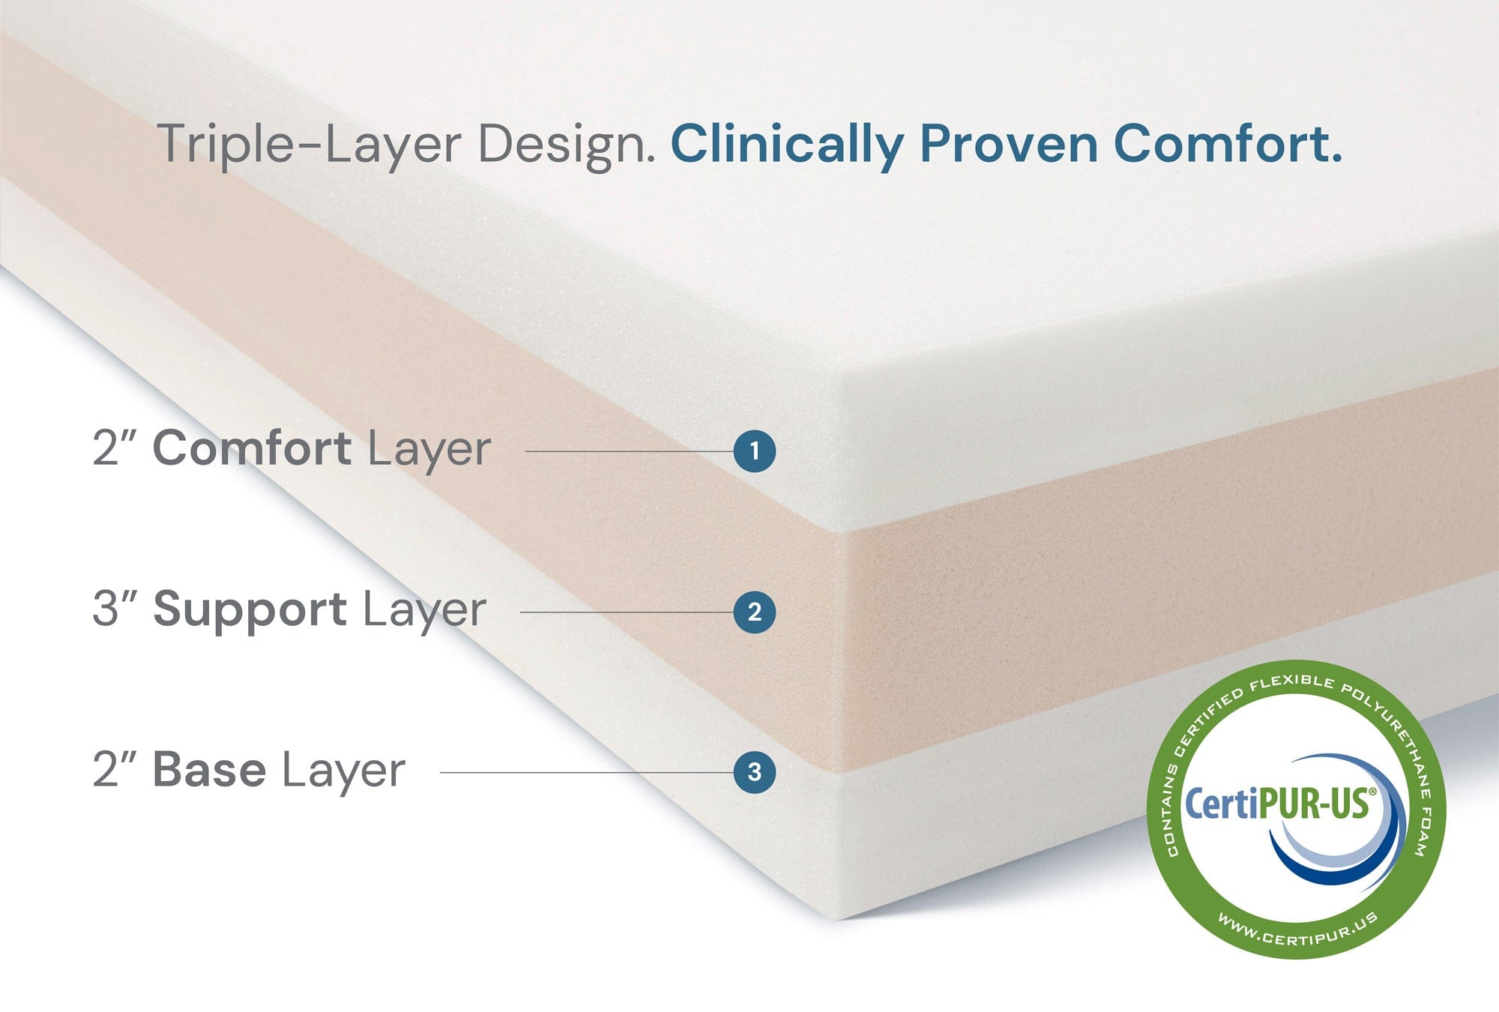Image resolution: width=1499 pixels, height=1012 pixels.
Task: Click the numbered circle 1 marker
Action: coord(754,451)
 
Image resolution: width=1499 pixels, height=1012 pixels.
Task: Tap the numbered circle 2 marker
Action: coord(754,612)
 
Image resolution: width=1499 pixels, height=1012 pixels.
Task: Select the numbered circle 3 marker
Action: coord(754,772)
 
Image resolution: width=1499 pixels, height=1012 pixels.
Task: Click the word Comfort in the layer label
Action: coord(252,448)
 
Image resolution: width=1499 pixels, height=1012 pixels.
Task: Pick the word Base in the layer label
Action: coord(209,770)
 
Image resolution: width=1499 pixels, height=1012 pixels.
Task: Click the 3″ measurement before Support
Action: coord(115,609)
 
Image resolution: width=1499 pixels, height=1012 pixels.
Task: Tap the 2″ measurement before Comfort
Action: coord(115,448)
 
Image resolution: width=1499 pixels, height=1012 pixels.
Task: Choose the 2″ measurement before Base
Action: coord(115,770)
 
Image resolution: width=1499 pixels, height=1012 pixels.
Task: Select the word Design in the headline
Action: coord(567,144)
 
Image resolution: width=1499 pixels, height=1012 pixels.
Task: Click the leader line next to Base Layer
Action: coord(587,772)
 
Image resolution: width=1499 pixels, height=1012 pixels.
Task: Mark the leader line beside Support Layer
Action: coord(627,612)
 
